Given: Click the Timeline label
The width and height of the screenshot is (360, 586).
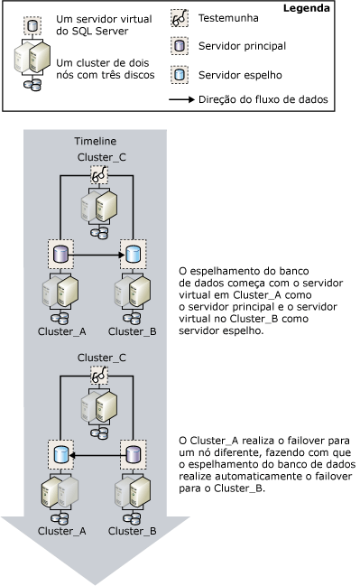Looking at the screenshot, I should (x=94, y=141).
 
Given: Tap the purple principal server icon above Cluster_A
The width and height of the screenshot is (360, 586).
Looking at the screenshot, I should (x=60, y=255).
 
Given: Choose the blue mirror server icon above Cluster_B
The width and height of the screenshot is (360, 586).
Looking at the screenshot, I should (x=133, y=255).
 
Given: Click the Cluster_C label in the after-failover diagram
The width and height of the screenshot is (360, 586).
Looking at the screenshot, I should (x=97, y=357).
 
